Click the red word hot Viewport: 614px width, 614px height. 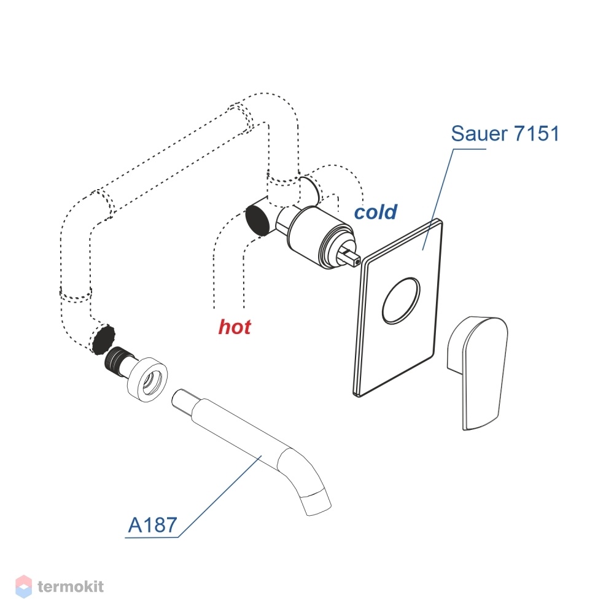tap(234, 327)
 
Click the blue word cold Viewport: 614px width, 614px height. tap(376, 212)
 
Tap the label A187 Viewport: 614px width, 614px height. tap(153, 525)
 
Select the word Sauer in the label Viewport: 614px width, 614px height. tap(479, 133)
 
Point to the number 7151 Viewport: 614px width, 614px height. tap(537, 133)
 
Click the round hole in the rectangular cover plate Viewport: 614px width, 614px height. tap(401, 301)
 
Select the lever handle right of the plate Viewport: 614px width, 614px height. tap(477, 373)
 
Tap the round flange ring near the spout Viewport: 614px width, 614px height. tap(147, 379)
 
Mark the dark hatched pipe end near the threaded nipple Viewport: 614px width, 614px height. tap(103, 340)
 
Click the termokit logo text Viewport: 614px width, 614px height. tap(71, 586)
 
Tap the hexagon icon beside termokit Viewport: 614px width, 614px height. tap(23, 586)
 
